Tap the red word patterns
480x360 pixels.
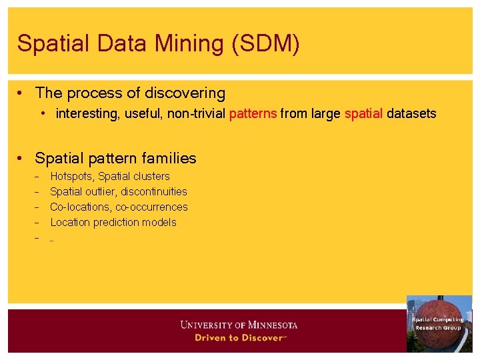(253, 114)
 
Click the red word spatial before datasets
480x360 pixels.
(363, 114)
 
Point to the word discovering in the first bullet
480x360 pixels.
(184, 93)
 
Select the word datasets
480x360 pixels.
(411, 114)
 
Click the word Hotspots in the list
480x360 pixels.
(72, 177)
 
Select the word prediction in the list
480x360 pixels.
(117, 223)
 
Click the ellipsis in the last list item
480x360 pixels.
(52, 239)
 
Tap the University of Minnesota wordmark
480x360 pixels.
(239, 325)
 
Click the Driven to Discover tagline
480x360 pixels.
(239, 338)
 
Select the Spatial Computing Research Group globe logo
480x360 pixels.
(439, 323)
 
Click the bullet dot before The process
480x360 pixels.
(23, 94)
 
